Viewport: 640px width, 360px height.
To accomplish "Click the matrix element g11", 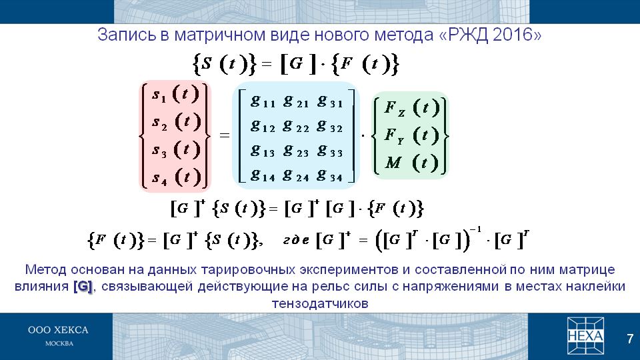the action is point(263,101).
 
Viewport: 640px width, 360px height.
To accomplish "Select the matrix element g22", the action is point(296,126).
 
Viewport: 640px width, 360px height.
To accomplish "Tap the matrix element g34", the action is point(329,175).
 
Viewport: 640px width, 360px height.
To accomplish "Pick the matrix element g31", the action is point(329,101).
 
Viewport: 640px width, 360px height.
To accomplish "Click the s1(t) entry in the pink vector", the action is point(175,94).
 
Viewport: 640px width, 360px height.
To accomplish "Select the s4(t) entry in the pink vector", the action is point(176,177).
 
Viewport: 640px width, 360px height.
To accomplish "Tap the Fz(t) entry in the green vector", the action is point(412,108).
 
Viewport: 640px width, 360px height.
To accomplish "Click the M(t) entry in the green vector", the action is point(412,163).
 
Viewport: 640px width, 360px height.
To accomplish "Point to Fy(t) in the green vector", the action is point(412,135).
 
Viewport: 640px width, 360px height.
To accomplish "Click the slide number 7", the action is point(630,339).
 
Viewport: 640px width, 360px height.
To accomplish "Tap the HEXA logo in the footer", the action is point(585,335).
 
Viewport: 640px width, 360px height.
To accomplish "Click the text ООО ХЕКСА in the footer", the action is point(58,330).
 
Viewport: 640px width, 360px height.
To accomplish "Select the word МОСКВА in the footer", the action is point(59,344).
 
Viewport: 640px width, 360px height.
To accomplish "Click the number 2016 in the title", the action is point(513,35).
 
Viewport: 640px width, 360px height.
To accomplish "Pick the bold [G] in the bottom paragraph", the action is point(83,287).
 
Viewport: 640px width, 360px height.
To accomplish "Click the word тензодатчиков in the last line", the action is point(320,304).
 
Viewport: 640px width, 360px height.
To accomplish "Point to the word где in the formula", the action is point(296,241).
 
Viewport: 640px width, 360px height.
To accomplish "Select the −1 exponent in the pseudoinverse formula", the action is point(475,229).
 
